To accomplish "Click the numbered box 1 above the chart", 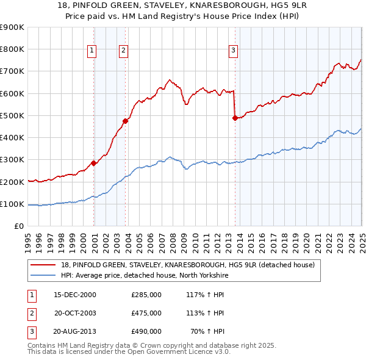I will pyautogui.click(x=91, y=51).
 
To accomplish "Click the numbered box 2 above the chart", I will pyautogui.click(x=123, y=51).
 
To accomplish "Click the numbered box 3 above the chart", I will pyautogui.click(x=234, y=51).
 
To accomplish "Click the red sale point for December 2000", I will pyautogui.click(x=94, y=163).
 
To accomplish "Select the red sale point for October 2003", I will pyautogui.click(x=126, y=121).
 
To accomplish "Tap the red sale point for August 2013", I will pyautogui.click(x=235, y=118).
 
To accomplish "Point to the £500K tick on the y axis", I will pyautogui.click(x=14, y=115).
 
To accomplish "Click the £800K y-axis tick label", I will pyautogui.click(x=14, y=49).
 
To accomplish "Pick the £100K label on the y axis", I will pyautogui.click(x=14, y=204).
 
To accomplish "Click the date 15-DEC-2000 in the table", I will pyautogui.click(x=76, y=295).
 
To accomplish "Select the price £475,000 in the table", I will pyautogui.click(x=146, y=313).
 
